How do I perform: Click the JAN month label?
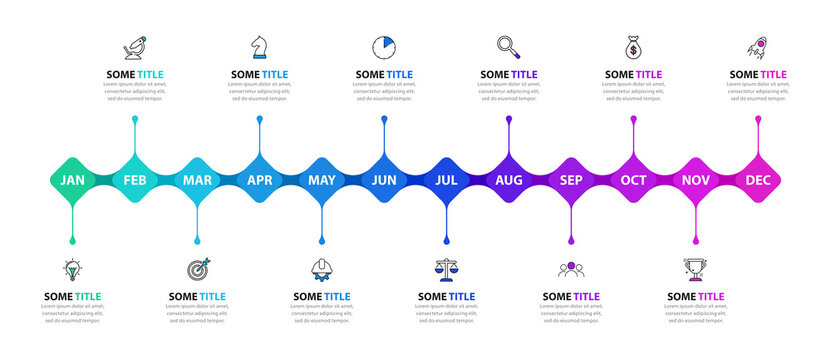[x=72, y=181]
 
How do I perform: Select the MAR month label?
[x=197, y=181]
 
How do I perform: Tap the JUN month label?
[x=384, y=181]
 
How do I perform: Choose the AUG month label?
[x=509, y=181]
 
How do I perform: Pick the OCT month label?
[x=633, y=181]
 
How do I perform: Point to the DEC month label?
[x=758, y=181]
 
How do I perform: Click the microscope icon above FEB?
[x=135, y=46]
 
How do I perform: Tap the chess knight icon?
[x=260, y=46]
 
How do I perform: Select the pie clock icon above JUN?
[x=384, y=46]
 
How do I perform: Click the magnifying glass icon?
[x=508, y=46]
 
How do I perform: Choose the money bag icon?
[x=633, y=46]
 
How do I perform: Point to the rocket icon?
[x=758, y=46]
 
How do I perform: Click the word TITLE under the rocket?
[x=773, y=75]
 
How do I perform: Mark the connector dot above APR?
[x=260, y=119]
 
